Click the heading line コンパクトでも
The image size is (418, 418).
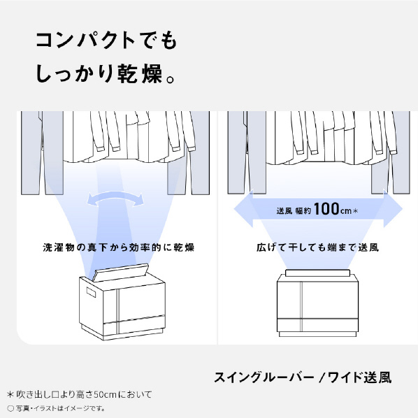click(106, 41)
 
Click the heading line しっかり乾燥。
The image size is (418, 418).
click(106, 73)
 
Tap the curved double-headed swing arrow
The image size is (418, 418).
click(115, 199)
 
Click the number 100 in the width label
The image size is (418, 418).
click(326, 209)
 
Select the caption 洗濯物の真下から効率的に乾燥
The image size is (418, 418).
click(119, 247)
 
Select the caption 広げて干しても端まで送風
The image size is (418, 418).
click(317, 247)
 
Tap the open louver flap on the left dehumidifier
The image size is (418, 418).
click(120, 273)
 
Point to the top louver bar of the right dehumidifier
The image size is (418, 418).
click(317, 273)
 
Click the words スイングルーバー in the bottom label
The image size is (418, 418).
click(264, 377)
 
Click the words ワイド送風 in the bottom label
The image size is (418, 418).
click(359, 377)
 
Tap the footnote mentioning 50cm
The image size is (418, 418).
click(80, 394)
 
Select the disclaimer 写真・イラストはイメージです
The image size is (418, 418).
click(56, 408)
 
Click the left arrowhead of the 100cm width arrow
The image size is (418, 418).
click(243, 209)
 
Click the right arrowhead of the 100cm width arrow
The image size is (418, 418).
click(393, 209)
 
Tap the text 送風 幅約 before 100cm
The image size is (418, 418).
click(294, 211)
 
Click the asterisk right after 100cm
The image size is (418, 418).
click(355, 211)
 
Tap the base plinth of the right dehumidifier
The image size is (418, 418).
click(317, 334)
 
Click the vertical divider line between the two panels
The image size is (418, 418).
click(217, 228)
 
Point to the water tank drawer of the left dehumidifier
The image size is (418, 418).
click(134, 325)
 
